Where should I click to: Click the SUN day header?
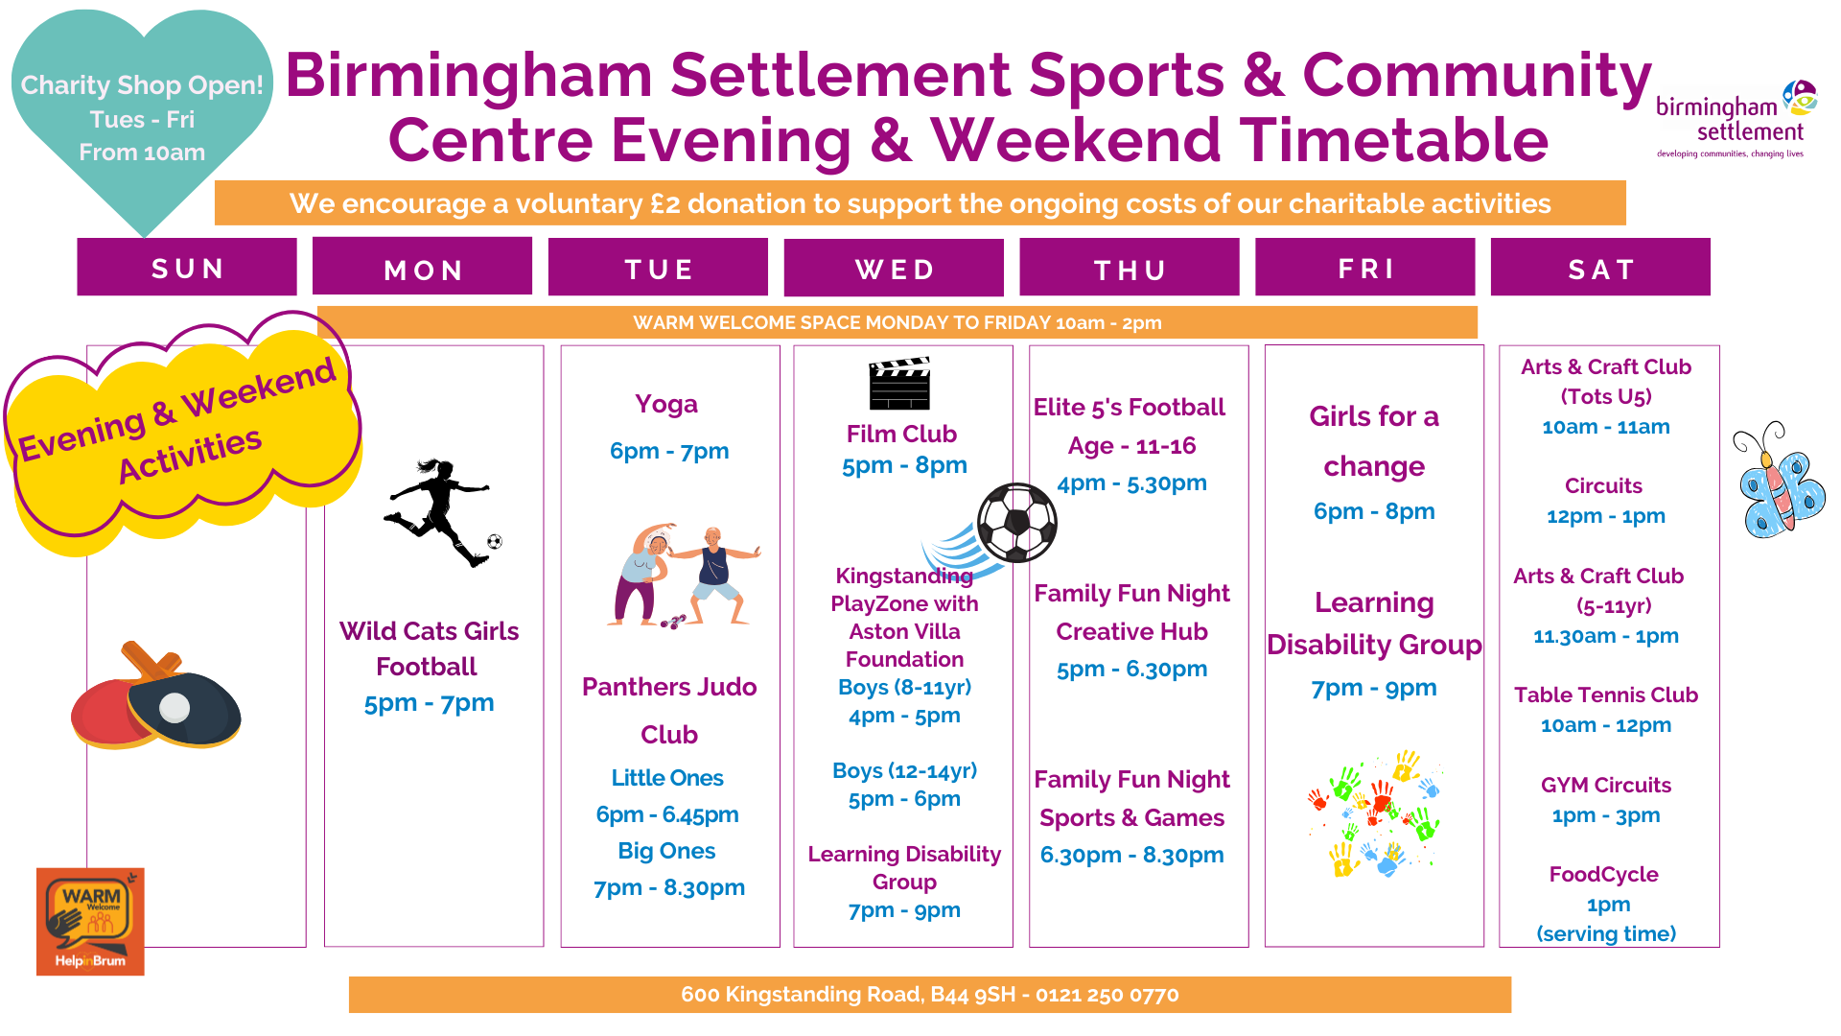coord(187,268)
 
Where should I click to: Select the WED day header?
coord(894,269)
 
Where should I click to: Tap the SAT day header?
coord(1600,268)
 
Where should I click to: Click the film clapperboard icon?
coord(899,384)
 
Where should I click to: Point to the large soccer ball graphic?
coord(1017,523)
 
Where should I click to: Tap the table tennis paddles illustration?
coord(156,695)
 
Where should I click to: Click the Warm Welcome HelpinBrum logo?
coord(90,922)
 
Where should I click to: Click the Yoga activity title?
coord(666,404)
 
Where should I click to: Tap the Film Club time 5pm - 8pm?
coord(904,465)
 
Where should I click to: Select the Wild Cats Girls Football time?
coord(429,703)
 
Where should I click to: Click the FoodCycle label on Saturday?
coord(1604,874)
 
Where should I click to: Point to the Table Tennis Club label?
coord(1606,695)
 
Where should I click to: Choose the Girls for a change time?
coord(1374,511)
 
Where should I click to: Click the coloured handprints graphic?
coord(1375,813)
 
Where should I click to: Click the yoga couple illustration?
coord(684,576)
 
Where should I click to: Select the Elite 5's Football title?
coord(1130,407)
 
